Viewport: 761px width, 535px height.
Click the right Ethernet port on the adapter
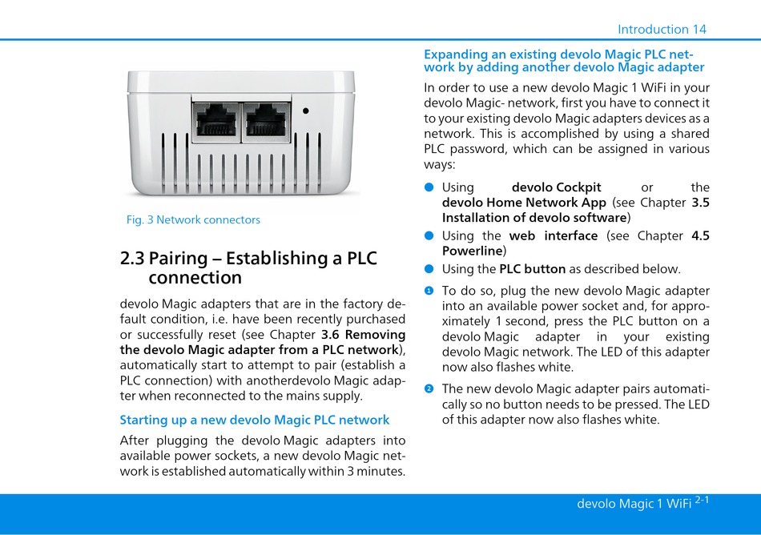click(266, 122)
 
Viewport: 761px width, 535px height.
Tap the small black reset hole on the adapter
click(305, 112)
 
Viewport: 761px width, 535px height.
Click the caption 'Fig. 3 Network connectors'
click(193, 219)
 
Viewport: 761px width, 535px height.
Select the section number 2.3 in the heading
click(132, 259)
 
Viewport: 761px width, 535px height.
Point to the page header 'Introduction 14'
click(662, 30)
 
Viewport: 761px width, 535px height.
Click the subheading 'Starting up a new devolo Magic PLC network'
click(255, 420)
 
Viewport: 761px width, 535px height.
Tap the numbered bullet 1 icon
click(429, 291)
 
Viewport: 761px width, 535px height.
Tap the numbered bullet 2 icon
click(429, 389)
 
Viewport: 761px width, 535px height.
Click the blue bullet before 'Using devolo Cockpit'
click(429, 187)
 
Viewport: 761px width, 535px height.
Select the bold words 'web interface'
click(554, 235)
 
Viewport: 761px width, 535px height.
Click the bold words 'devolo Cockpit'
click(556, 187)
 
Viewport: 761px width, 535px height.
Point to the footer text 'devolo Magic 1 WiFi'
click(634, 504)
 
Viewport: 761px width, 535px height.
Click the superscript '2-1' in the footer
click(703, 500)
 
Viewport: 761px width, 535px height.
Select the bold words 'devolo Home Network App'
click(524, 203)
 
